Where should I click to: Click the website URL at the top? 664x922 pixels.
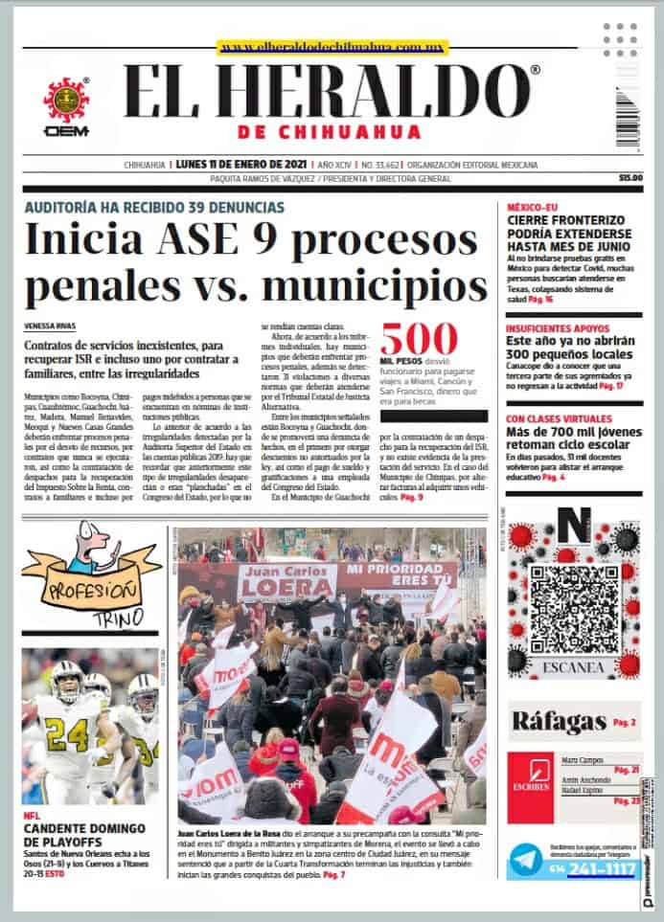pyautogui.click(x=321, y=47)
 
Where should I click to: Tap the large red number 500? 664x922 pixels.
pyautogui.click(x=419, y=340)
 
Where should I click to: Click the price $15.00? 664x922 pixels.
pyautogui.click(x=630, y=178)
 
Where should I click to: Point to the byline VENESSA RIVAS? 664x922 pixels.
pyautogui.click(x=50, y=326)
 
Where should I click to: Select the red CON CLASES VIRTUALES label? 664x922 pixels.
pyautogui.click(x=559, y=419)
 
